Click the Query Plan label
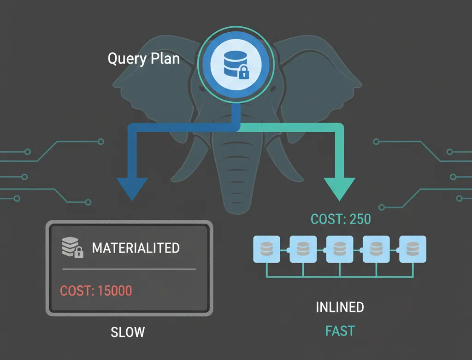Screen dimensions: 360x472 (143, 59)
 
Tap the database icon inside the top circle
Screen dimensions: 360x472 (232, 64)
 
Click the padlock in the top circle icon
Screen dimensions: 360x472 (243, 72)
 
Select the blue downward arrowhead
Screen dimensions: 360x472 (133, 189)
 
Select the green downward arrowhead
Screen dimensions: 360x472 (340, 189)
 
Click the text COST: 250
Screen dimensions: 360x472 (341, 218)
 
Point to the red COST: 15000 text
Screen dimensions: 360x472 (96, 291)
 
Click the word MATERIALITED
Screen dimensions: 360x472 (136, 248)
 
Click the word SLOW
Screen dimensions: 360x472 (128, 332)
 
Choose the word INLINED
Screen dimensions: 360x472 (340, 307)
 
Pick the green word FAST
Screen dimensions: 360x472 (340, 331)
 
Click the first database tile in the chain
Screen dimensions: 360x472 (266, 249)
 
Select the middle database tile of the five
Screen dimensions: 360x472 (340, 249)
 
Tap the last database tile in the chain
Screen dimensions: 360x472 (413, 249)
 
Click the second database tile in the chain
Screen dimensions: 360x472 (303, 249)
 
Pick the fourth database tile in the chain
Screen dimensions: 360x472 (376, 249)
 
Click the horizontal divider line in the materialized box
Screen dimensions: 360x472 (129, 269)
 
